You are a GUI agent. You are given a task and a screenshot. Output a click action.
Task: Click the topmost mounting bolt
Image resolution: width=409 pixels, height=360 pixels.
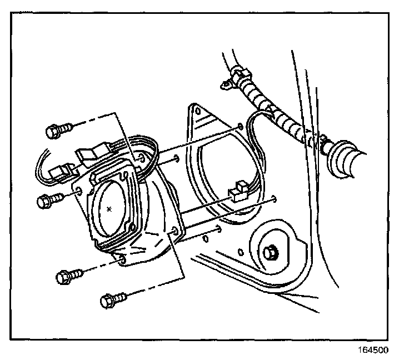point(56,131)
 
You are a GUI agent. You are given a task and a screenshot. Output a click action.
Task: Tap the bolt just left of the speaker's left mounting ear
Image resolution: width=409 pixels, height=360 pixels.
point(47,200)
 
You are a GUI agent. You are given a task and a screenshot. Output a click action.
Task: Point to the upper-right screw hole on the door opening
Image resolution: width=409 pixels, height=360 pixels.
point(239,127)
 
